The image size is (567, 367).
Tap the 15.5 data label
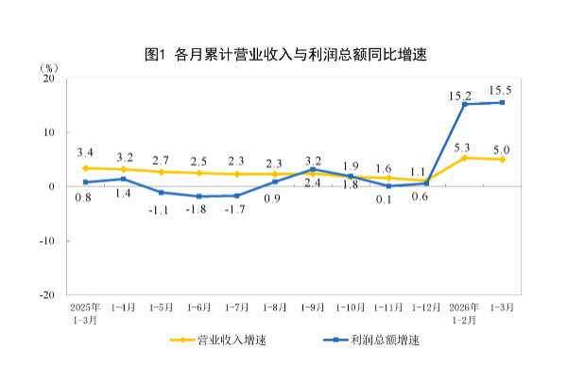501,90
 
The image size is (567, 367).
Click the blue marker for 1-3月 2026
502,102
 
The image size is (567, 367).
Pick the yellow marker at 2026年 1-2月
464,158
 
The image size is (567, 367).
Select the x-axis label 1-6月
199,308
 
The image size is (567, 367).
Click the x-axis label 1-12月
425,308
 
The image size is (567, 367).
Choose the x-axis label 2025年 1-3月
85,314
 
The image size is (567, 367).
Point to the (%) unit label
50,67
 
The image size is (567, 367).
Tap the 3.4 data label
85,152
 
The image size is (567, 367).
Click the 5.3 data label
463,148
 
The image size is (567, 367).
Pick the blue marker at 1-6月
199,196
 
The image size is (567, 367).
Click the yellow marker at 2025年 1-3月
85,167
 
